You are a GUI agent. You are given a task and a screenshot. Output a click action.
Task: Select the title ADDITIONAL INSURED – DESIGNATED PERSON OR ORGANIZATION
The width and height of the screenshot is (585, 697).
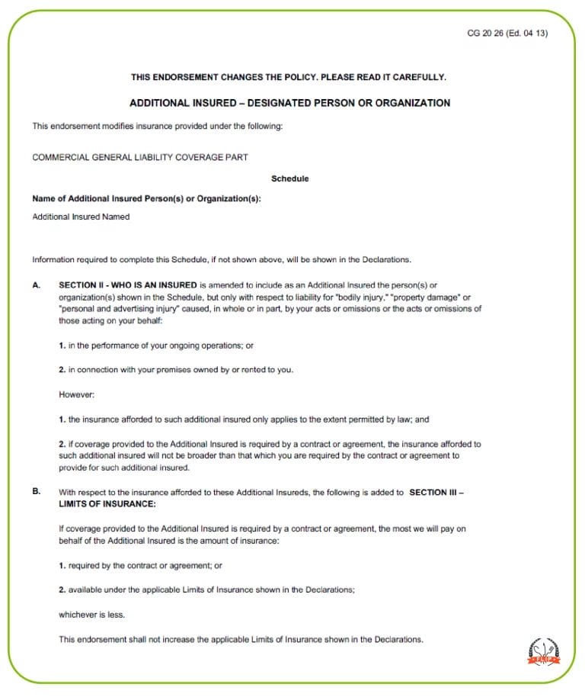click(x=289, y=103)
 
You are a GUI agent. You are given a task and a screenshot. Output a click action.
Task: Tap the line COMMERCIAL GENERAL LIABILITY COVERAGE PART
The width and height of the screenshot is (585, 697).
click(x=140, y=158)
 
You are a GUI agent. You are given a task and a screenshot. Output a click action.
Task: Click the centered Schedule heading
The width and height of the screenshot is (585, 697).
click(x=289, y=178)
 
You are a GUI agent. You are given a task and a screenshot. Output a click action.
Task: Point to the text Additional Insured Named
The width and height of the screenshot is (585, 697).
click(x=81, y=217)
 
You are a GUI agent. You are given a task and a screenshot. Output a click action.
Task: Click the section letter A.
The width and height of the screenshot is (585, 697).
click(x=36, y=284)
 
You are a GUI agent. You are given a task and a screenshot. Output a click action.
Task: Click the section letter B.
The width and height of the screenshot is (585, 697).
click(x=36, y=492)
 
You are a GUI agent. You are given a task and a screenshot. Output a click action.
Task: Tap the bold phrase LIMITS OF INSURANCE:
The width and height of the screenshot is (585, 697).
click(x=107, y=504)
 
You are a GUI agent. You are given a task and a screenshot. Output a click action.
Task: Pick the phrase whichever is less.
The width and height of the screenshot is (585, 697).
click(x=91, y=614)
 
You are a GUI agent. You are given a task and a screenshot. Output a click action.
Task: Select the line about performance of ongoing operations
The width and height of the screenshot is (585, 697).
click(x=156, y=345)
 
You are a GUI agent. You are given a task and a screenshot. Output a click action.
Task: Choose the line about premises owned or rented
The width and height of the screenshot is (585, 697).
click(x=176, y=370)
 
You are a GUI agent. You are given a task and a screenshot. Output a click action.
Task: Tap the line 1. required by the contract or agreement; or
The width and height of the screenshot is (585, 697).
click(x=140, y=565)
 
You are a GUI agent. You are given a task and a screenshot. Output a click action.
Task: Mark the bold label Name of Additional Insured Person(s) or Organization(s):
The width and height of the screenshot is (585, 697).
click(x=146, y=198)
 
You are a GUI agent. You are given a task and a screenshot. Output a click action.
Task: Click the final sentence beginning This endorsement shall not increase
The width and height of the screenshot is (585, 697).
click(x=241, y=639)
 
